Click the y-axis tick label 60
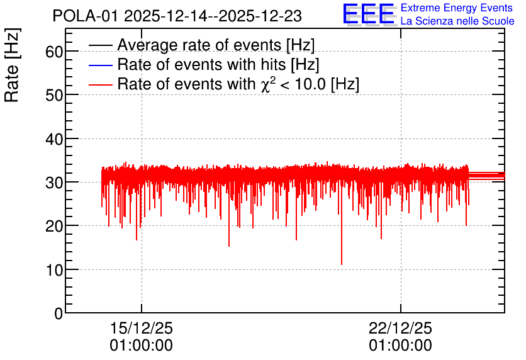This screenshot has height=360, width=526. click(53, 52)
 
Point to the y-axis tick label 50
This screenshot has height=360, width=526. click(53, 95)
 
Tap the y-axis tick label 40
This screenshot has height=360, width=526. click(53, 139)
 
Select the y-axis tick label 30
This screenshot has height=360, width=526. click(53, 183)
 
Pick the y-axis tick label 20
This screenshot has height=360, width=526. click(53, 227)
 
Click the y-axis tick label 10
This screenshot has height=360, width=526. click(54, 270)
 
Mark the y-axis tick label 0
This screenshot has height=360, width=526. click(59, 314)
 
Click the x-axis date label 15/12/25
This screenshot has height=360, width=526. click(141, 328)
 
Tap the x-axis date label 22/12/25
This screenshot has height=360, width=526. click(401, 328)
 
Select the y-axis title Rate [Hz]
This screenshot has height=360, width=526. click(12, 65)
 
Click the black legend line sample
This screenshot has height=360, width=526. click(100, 45)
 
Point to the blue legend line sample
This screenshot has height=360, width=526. click(100, 65)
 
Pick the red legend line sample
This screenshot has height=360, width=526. click(100, 84)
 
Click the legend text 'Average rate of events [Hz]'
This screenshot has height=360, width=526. click(216, 45)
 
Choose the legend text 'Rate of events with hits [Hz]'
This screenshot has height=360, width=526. click(218, 64)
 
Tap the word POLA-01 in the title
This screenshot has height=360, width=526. click(86, 16)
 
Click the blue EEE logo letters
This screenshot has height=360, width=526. click(368, 14)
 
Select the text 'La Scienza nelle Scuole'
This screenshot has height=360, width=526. click(457, 21)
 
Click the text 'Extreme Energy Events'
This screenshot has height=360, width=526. click(457, 8)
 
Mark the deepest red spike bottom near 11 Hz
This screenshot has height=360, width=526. click(342, 264)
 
